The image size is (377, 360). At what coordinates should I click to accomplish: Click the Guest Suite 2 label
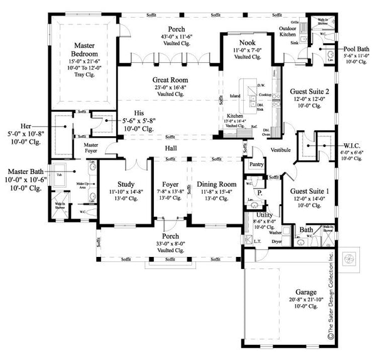(308, 92)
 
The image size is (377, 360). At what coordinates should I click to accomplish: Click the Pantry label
(256, 164)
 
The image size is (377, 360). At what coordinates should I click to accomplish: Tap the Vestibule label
(281, 151)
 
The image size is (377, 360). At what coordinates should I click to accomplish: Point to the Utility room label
(265, 215)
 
